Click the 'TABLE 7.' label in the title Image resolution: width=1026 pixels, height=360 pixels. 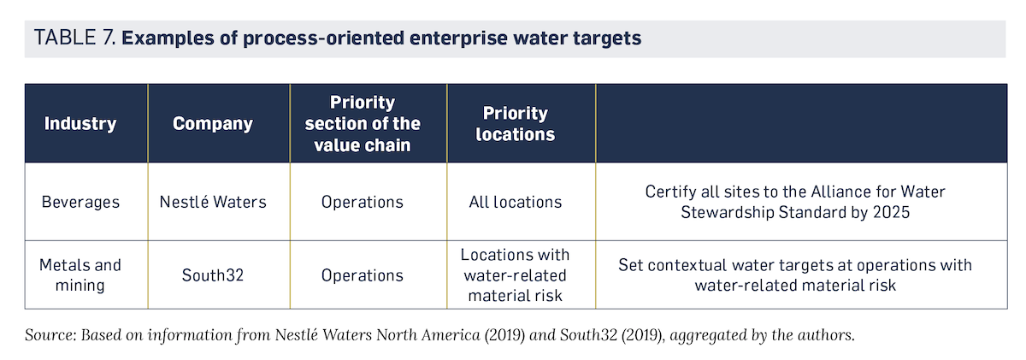(74, 38)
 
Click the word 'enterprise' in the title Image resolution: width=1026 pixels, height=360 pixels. (457, 38)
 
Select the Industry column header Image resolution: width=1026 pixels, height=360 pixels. (80, 123)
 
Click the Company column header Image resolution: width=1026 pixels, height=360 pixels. (213, 124)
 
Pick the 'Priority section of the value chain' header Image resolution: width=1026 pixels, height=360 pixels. (363, 124)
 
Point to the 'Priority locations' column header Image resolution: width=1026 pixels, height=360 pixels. (516, 124)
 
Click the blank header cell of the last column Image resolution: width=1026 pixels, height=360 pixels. (802, 123)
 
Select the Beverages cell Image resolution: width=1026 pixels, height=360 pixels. (80, 202)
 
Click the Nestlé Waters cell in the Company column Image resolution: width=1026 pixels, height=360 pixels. (213, 202)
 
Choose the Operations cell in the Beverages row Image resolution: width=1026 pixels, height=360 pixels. (363, 202)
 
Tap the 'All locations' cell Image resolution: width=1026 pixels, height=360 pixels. (516, 202)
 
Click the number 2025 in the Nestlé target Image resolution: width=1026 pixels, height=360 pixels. (891, 213)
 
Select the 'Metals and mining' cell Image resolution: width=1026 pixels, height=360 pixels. (80, 274)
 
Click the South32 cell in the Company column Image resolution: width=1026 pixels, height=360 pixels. (213, 275)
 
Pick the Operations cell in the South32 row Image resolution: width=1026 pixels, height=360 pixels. (363, 275)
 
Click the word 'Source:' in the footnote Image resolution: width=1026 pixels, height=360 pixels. (50, 335)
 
